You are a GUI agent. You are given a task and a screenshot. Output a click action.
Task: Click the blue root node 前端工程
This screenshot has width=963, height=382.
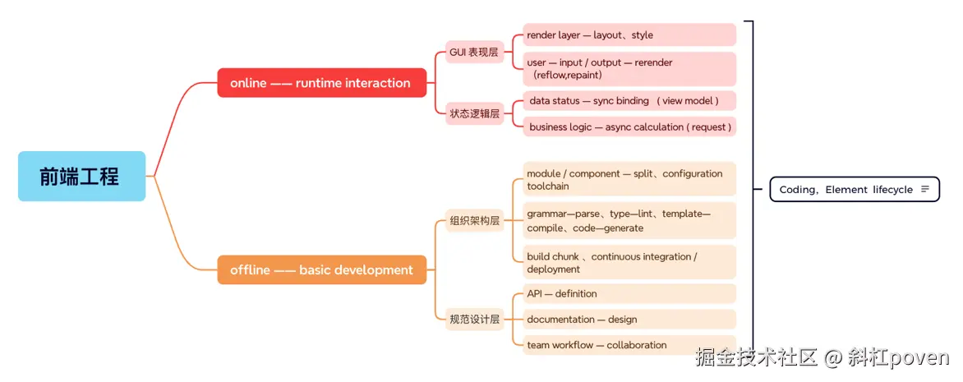[81, 176]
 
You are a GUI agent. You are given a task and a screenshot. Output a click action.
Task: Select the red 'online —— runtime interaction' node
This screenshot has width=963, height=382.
[321, 83]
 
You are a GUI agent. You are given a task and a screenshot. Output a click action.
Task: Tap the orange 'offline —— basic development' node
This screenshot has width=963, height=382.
[321, 270]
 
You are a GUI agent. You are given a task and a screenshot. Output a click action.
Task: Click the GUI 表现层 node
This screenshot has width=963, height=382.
[474, 53]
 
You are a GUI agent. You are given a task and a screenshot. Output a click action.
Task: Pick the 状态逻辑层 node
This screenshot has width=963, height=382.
[474, 114]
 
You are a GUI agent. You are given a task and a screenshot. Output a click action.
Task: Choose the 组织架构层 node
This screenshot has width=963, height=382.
[474, 220]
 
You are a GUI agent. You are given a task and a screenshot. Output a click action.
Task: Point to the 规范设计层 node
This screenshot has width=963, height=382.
[474, 320]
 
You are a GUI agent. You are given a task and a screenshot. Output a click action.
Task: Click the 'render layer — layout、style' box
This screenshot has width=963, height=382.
[629, 35]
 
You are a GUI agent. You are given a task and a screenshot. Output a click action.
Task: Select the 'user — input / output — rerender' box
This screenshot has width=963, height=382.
[629, 69]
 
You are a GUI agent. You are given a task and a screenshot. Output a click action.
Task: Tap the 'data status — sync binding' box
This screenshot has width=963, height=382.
[629, 101]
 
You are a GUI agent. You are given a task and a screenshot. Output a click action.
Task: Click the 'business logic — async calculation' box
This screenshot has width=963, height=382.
[629, 127]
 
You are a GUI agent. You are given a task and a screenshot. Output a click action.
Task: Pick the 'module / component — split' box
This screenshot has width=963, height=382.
[629, 179]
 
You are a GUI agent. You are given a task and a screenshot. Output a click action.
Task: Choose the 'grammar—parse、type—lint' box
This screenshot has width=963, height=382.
[629, 221]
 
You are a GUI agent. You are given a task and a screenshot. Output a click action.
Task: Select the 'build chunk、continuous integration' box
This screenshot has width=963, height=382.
[629, 263]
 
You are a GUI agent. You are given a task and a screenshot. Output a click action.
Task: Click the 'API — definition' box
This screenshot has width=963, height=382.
[629, 294]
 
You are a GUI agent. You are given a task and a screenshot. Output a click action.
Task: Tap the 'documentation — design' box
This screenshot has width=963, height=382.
[629, 320]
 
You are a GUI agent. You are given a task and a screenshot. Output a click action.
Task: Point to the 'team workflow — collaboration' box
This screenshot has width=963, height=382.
[629, 345]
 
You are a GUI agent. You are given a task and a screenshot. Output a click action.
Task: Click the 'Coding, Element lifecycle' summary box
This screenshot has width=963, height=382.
[846, 190]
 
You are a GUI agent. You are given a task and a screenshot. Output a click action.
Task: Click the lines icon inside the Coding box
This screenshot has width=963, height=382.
[925, 190]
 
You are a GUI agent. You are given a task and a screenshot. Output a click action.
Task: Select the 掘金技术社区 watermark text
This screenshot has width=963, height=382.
[756, 358]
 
